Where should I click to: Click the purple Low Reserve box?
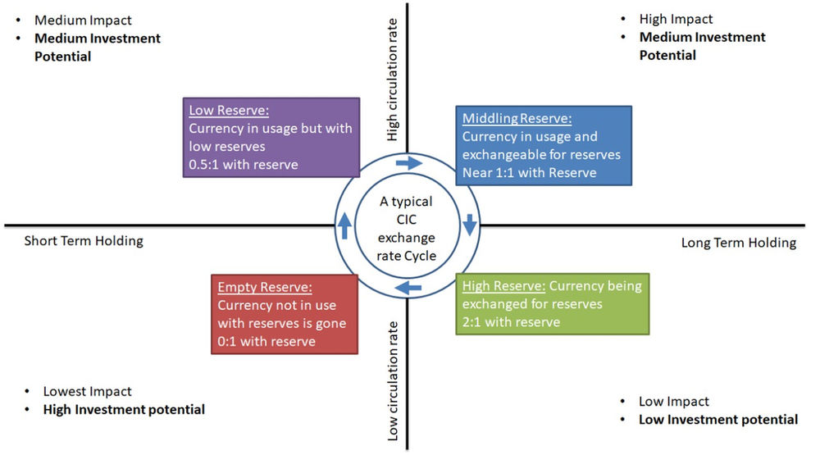coord(271,136)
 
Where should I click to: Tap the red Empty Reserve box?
coord(285,314)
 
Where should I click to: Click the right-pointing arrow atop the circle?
coord(408,163)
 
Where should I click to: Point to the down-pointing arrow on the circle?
coord(470,224)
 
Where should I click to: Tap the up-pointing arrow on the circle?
coord(344,225)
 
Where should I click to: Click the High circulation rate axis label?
coord(393,80)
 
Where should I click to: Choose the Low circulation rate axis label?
coord(393,381)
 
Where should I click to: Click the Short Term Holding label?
coord(84,241)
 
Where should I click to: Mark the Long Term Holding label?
coord(738,243)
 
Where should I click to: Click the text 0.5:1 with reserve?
coord(244,164)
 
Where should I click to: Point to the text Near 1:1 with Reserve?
coord(529,172)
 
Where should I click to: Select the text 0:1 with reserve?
coord(266,341)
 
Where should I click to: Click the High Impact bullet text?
coord(676,19)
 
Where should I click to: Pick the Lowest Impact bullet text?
coord(87,392)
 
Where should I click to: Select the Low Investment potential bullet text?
coord(718,420)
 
